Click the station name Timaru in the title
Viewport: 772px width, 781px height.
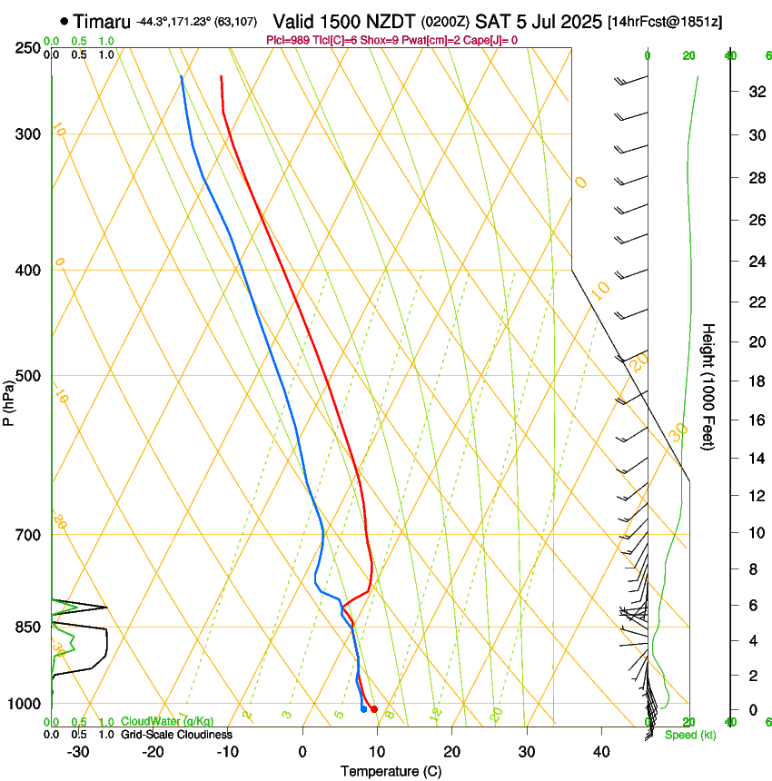tap(102, 21)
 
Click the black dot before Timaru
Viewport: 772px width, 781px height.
tap(64, 21)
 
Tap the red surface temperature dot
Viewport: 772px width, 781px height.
tap(374, 709)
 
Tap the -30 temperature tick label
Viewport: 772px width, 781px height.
tap(78, 751)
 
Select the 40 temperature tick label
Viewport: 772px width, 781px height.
tap(600, 751)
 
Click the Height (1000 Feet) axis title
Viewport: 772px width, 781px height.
tap(709, 387)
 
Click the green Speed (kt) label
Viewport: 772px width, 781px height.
tap(690, 735)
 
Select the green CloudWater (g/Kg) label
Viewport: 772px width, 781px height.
tap(168, 722)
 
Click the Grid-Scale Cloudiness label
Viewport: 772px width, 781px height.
tap(176, 734)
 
